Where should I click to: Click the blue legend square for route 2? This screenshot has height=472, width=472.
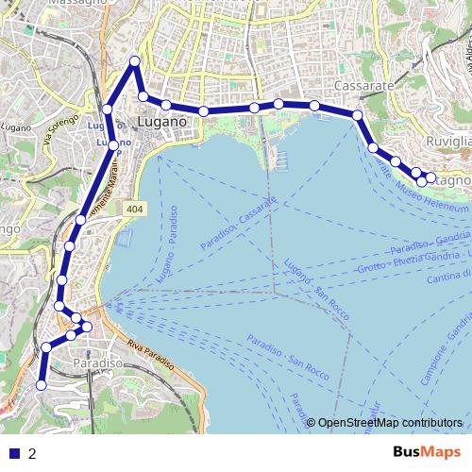(x=14, y=453)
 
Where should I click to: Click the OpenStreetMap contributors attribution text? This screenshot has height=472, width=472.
(x=391, y=422)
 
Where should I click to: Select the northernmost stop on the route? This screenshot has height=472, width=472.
(x=134, y=62)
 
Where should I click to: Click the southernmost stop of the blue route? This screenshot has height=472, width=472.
(x=42, y=384)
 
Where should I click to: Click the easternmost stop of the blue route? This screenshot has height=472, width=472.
(x=430, y=177)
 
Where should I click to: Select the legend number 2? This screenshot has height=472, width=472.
(x=33, y=453)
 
